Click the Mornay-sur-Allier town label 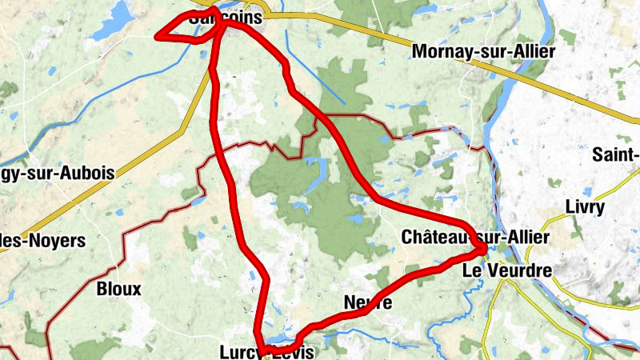click(x=483, y=53)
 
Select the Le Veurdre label click(x=507, y=271)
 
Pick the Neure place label click(x=367, y=302)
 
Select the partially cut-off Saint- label click(x=617, y=154)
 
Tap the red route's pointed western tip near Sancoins click(x=158, y=35)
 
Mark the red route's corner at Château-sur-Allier click(x=484, y=251)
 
